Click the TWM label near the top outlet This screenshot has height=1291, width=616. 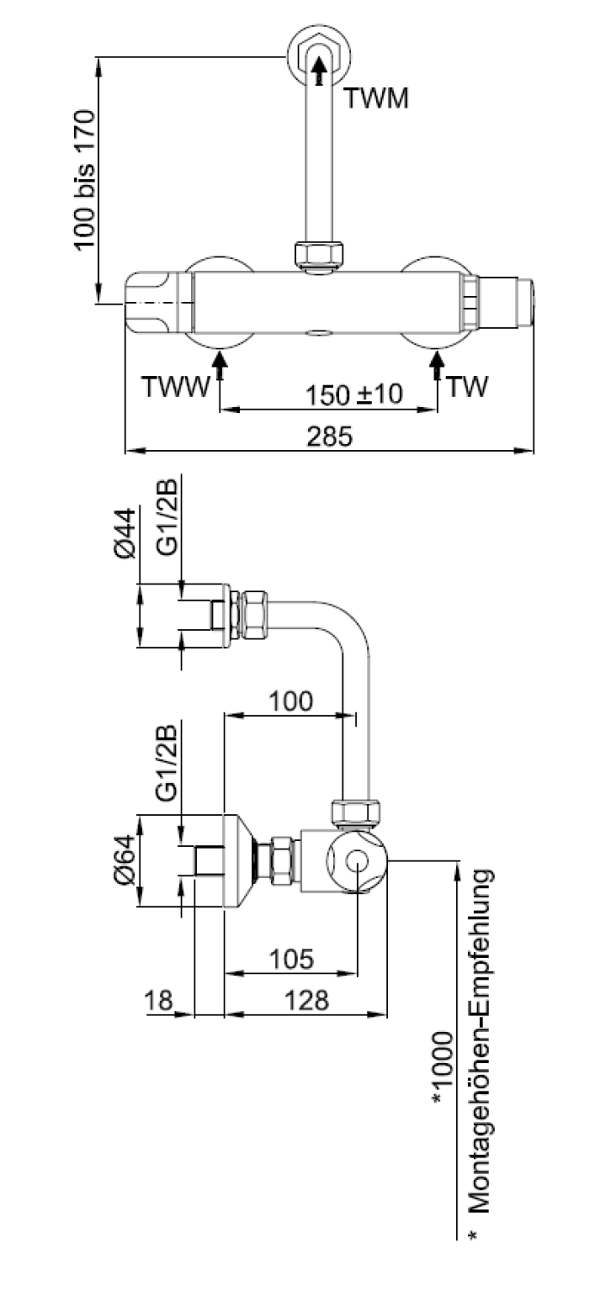[x=376, y=98]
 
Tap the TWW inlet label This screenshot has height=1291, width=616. [x=176, y=386]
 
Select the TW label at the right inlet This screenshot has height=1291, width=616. [x=467, y=386]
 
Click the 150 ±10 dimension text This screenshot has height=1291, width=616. [x=354, y=395]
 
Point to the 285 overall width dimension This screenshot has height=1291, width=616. [x=329, y=436]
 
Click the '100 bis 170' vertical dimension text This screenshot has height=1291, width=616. [x=84, y=181]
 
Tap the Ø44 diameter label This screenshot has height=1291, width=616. [x=125, y=533]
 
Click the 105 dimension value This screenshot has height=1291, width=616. [x=292, y=959]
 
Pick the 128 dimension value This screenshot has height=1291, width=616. [x=306, y=1000]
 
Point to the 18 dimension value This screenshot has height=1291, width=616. [x=158, y=1000]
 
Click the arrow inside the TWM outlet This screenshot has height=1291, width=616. [x=318, y=71]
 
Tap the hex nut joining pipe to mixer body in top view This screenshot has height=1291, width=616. [x=318, y=254]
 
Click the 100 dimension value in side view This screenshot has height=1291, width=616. [x=291, y=701]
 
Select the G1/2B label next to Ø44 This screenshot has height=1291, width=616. [x=167, y=517]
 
